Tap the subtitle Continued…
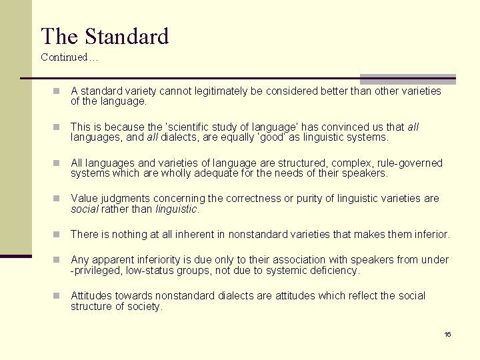(x=69, y=57)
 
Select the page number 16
(x=448, y=334)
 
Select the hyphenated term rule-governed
(x=407, y=163)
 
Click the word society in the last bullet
(x=146, y=307)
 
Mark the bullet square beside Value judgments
(x=57, y=199)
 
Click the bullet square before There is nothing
(x=57, y=235)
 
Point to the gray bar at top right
(x=408, y=79)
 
